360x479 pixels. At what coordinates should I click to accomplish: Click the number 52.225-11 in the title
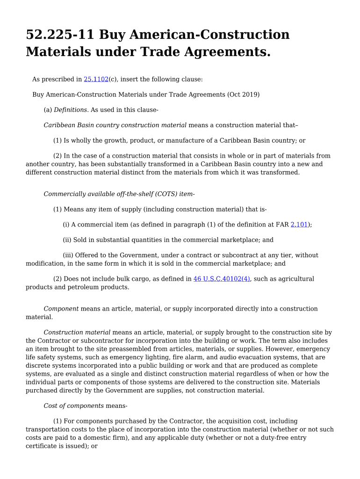[x=60, y=35]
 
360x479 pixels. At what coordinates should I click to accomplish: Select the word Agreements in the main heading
[x=229, y=52]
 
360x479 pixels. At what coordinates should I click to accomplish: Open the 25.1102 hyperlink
[x=96, y=80]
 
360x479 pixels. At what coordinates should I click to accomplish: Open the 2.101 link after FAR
[x=299, y=225]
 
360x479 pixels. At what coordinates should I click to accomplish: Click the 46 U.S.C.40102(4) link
[x=222, y=279]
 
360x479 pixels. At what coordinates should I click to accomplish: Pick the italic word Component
[x=61, y=309]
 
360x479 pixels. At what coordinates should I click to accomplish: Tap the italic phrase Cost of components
[x=74, y=406]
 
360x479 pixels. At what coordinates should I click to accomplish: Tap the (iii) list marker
[x=68, y=255]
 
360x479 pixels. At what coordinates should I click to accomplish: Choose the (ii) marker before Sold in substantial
[x=67, y=240]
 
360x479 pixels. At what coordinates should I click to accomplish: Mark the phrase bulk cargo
[x=120, y=279]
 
